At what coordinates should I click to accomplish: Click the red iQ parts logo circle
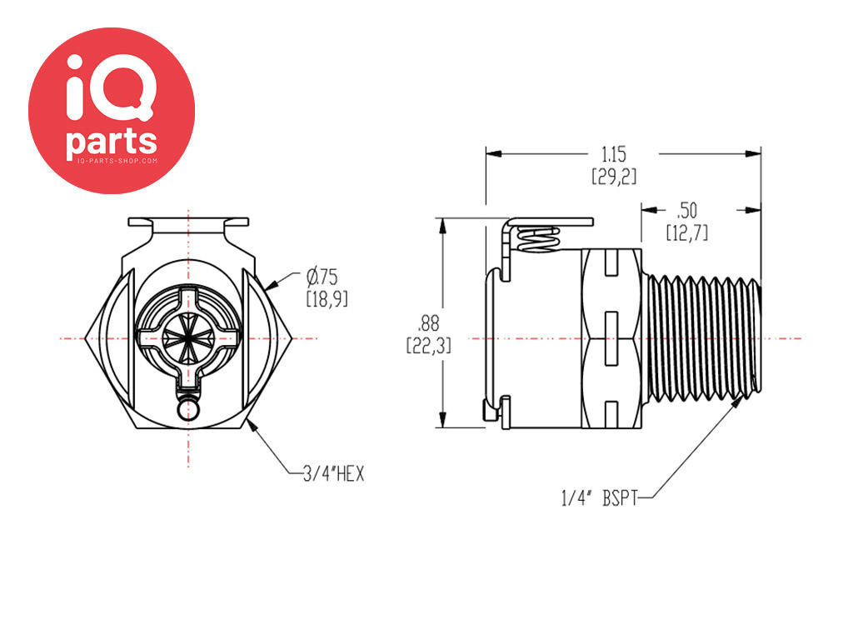(x=112, y=110)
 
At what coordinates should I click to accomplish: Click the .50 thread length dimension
(x=687, y=208)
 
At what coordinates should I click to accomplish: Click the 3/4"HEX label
(x=332, y=473)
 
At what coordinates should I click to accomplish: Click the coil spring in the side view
(x=538, y=239)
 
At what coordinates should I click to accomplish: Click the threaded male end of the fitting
(x=704, y=337)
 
